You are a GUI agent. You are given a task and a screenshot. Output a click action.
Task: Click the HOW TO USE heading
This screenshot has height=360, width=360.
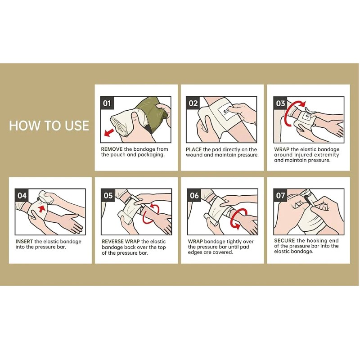point(49,126)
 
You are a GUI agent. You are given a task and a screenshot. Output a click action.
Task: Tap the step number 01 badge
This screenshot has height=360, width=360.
point(107,103)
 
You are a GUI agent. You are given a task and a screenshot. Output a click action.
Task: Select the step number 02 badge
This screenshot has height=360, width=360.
point(193,103)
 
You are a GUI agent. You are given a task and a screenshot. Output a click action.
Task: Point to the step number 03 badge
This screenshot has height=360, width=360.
point(280,103)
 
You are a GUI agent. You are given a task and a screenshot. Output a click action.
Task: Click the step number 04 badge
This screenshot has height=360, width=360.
point(22,195)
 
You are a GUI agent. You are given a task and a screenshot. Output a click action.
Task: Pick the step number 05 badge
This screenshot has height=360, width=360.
point(108,195)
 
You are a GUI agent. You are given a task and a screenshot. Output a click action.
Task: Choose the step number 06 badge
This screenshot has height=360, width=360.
point(194,195)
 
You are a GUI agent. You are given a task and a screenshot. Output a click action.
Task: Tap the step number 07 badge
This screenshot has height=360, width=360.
point(280,195)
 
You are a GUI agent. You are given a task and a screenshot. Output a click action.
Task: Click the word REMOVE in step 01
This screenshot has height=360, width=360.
point(112,149)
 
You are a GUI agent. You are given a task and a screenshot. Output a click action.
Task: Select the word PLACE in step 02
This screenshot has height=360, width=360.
point(194,149)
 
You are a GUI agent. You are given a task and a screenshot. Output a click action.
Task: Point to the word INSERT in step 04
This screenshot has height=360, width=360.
point(24,242)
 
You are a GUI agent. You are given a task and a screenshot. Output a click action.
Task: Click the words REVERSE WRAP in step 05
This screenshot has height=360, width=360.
point(121,242)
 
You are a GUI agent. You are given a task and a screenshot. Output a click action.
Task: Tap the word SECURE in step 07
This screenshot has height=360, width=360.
point(284,241)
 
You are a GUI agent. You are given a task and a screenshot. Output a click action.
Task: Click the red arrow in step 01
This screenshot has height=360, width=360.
point(109,133)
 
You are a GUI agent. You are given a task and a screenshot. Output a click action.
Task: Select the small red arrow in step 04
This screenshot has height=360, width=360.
point(41,209)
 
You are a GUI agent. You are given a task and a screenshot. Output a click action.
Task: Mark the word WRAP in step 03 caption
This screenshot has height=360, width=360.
point(282,149)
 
